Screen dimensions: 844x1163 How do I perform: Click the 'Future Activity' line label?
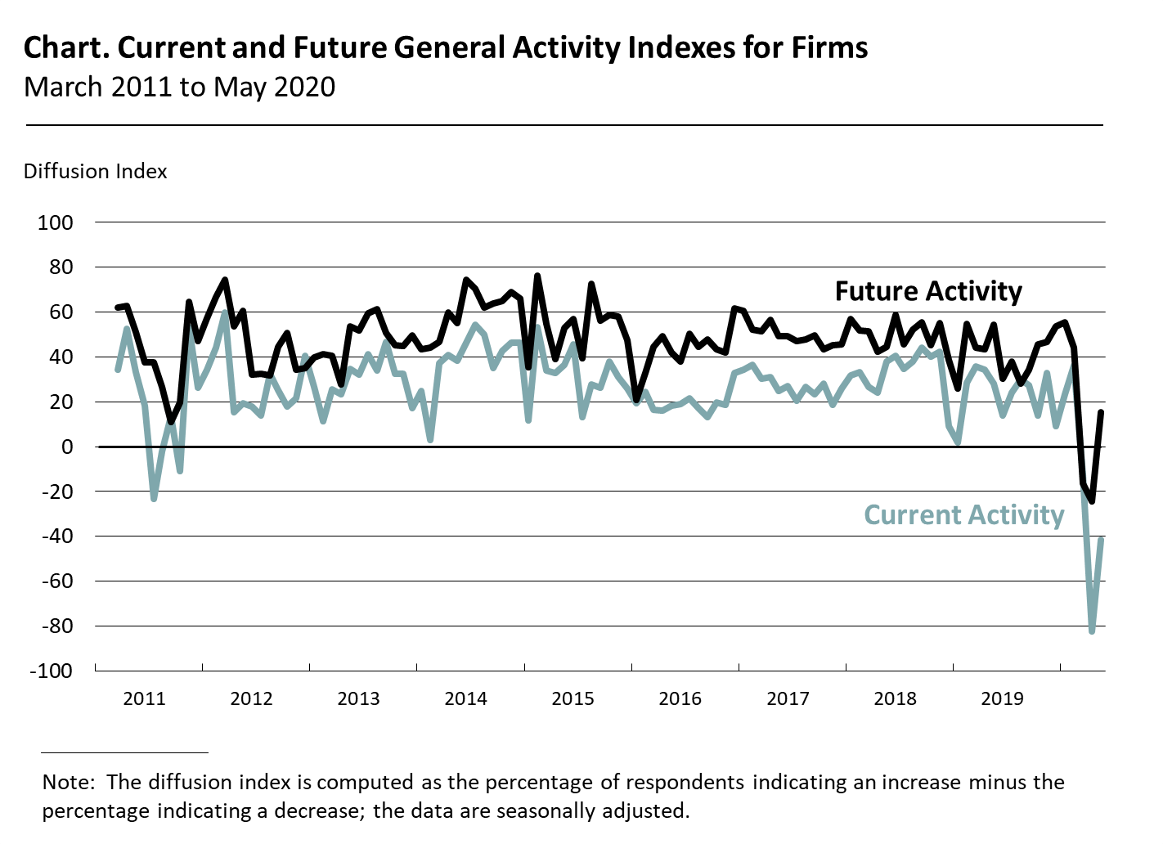[x=928, y=291]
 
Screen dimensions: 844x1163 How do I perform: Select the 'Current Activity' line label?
[x=963, y=515]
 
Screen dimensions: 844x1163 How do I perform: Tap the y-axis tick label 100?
[x=55, y=222]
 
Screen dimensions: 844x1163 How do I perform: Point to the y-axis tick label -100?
[x=51, y=671]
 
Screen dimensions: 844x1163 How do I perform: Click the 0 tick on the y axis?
[x=65, y=447]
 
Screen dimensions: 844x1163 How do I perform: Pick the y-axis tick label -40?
[x=55, y=536]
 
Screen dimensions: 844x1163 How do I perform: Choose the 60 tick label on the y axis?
[x=60, y=312]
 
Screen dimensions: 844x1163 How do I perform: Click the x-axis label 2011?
[x=144, y=698]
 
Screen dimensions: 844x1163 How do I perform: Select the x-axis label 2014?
[x=465, y=698]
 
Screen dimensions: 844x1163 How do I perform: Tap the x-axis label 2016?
[x=680, y=698]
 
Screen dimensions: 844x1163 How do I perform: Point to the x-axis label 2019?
[x=1002, y=698]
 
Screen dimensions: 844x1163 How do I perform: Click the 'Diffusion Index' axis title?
[x=95, y=172]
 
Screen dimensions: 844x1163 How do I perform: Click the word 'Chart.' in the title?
[x=66, y=48]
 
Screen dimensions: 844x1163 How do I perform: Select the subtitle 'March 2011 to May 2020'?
[x=179, y=87]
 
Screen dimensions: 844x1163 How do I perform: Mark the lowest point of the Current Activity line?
[x=1092, y=631]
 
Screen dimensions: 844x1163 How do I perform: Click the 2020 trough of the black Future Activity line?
[x=1092, y=501]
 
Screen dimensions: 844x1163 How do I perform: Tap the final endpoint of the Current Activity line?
[x=1102, y=539]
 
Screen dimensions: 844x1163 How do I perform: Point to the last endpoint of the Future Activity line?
[x=1102, y=412]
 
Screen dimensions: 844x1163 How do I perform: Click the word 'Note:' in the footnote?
[x=70, y=783]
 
